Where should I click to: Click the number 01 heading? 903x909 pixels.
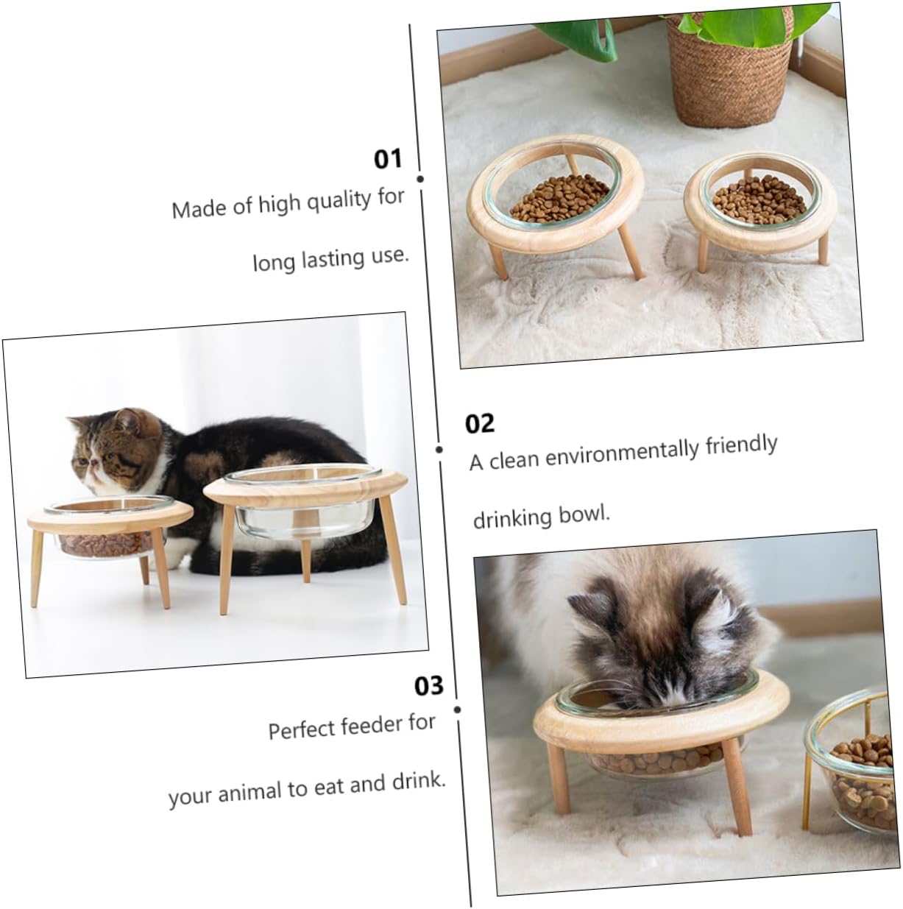388,158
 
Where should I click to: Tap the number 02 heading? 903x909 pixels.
480,423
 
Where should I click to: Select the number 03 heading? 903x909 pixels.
429,685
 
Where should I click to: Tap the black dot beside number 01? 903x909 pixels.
420,179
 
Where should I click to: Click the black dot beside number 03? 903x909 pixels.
457,710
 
